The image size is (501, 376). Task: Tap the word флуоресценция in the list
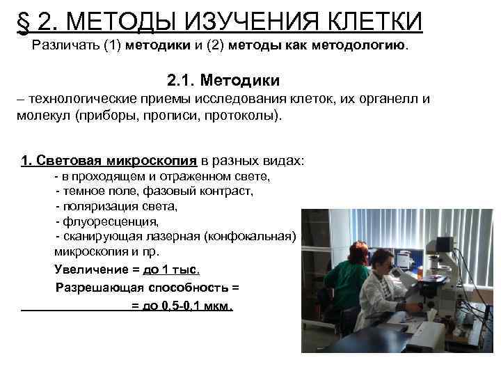coord(111,222)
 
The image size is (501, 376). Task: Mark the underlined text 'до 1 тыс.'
coord(175,269)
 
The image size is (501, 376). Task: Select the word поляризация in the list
coord(103,207)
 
